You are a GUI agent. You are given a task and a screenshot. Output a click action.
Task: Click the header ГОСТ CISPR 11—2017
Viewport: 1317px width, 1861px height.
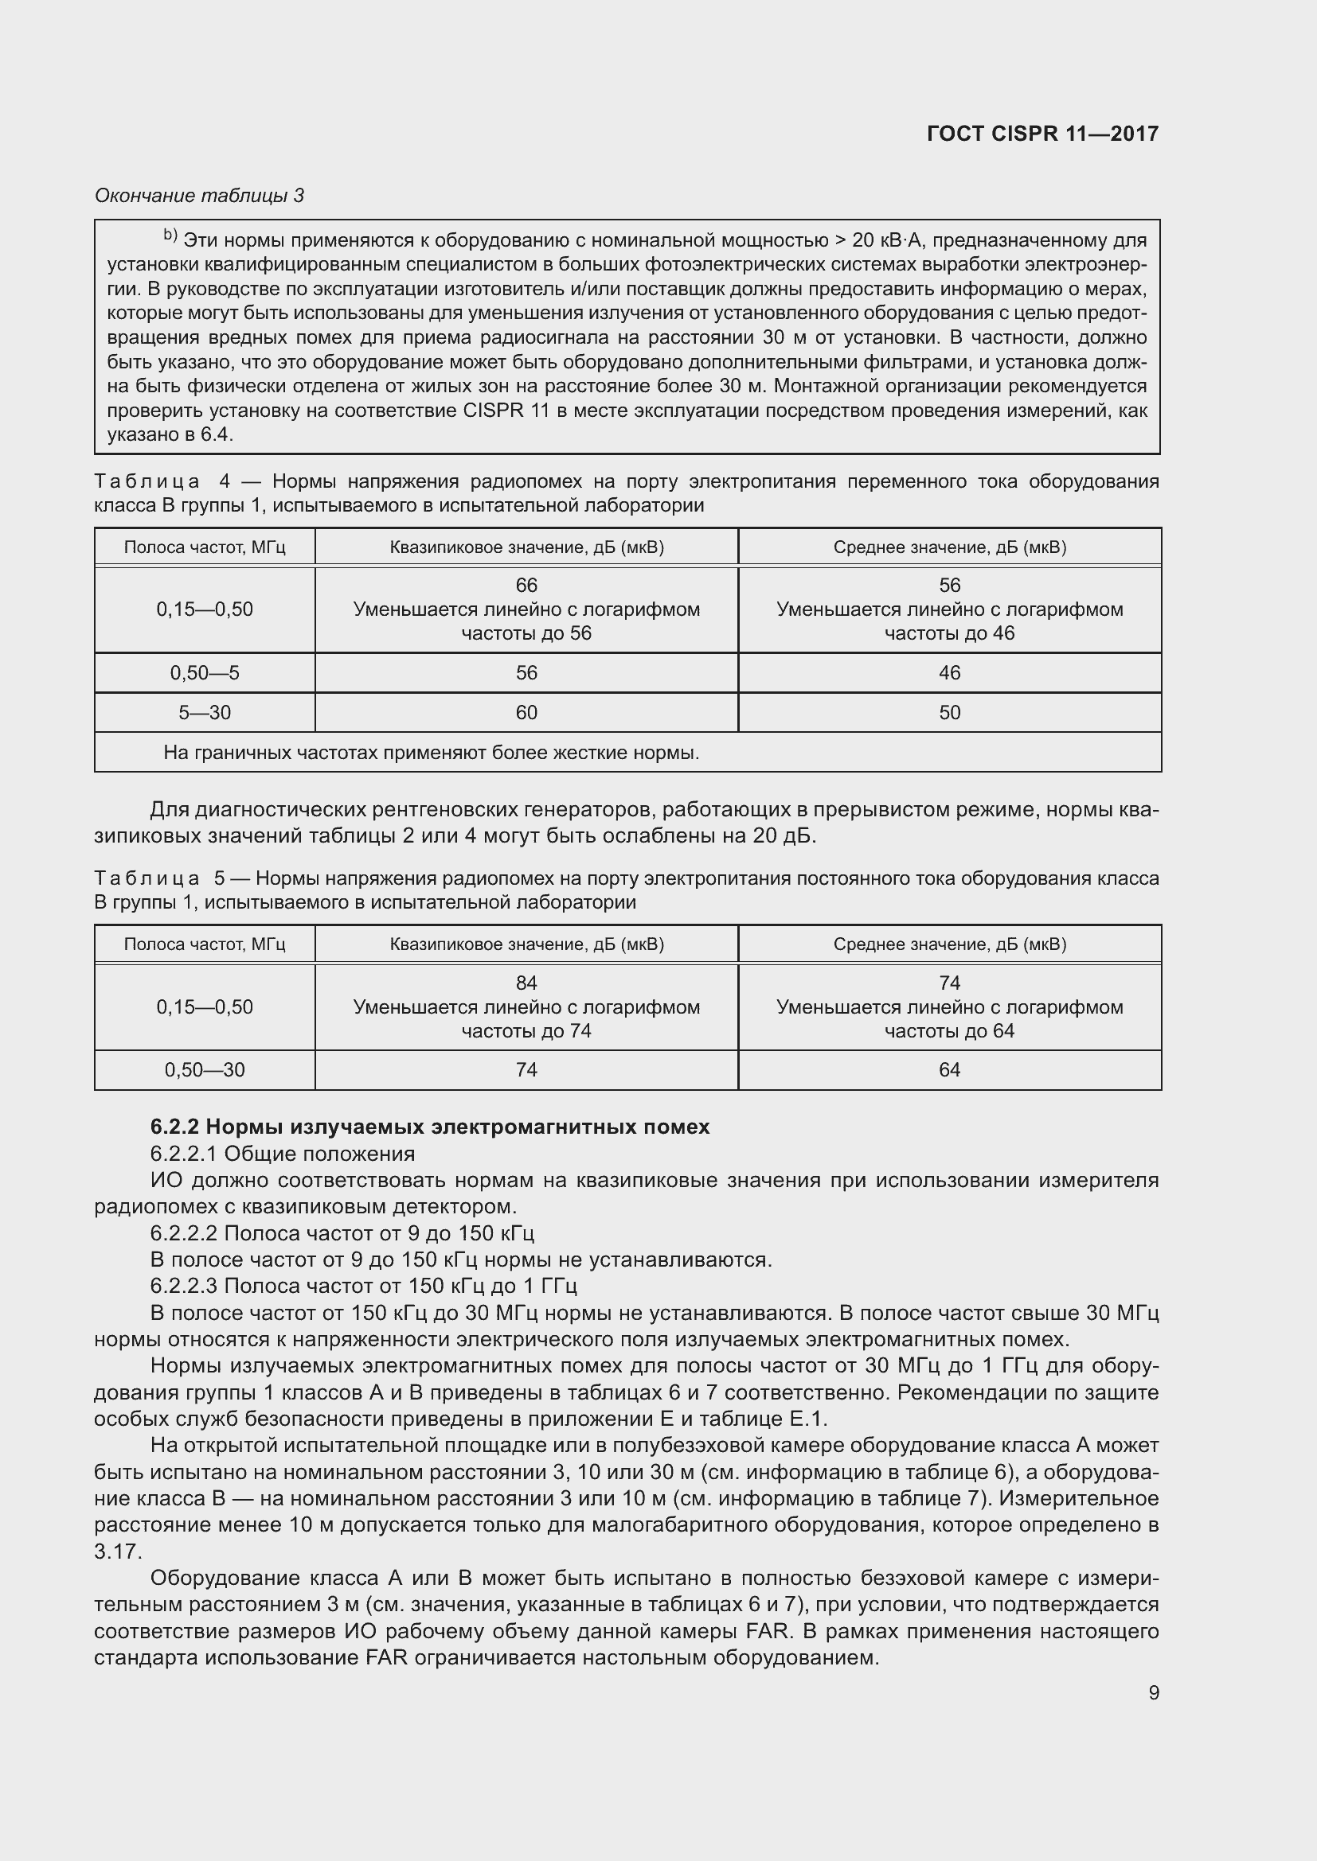1042,134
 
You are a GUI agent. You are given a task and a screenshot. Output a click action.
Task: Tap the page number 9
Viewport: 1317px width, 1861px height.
1153,1693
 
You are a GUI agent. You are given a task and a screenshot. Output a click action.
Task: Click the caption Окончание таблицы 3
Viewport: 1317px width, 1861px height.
200,196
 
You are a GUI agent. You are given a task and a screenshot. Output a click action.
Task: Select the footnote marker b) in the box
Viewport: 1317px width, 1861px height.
170,236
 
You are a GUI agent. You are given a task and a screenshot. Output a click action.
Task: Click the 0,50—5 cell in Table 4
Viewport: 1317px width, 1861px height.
205,673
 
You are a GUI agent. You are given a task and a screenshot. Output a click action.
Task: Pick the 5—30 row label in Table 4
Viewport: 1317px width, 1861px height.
205,712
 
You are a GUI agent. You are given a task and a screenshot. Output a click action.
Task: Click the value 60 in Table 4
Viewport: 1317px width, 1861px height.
526,712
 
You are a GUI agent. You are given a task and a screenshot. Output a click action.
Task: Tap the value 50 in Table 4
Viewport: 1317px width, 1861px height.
949,712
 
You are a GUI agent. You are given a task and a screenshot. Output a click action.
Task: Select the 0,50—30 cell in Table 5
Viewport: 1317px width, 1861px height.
205,1070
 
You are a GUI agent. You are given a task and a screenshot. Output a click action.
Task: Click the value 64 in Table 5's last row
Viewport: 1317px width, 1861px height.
949,1070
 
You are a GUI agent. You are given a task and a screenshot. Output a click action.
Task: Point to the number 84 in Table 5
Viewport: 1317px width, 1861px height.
526,983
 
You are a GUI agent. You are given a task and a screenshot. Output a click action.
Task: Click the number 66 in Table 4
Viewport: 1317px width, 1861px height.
526,586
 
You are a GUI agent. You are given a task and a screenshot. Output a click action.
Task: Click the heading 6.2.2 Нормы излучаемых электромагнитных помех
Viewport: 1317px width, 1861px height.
430,1127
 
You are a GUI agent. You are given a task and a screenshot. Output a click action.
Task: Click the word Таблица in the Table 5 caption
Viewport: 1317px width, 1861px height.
147,878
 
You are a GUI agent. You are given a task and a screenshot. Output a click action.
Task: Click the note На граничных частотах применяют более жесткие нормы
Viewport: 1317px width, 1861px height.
431,753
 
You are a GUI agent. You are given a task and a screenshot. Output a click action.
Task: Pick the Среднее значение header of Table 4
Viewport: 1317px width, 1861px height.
949,547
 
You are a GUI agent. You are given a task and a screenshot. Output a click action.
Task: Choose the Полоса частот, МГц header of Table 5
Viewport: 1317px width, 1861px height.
205,944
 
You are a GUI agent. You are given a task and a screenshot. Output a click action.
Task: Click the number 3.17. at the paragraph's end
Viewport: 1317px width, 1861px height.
118,1552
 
